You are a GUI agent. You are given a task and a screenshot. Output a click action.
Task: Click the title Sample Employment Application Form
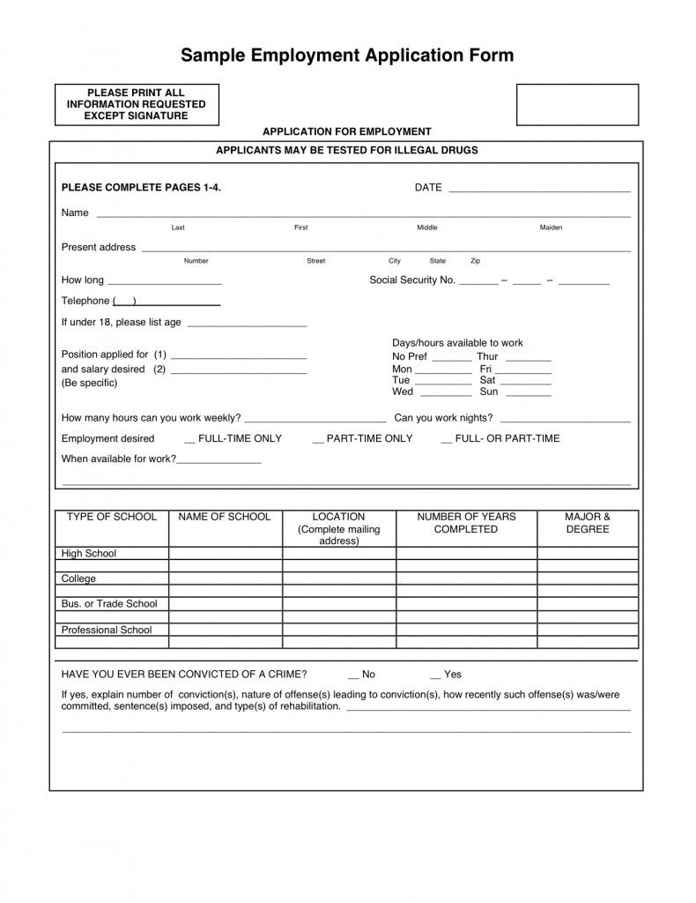pyautogui.click(x=347, y=56)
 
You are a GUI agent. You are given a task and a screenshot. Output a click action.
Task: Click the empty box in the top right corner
pyautogui.click(x=577, y=105)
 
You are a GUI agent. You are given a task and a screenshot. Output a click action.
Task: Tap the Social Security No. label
pyautogui.click(x=411, y=280)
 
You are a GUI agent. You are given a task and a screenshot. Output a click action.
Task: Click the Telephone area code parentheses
pyautogui.click(x=124, y=301)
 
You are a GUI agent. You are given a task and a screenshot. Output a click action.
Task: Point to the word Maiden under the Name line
pyautogui.click(x=551, y=228)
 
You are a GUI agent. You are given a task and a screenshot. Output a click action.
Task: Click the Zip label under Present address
pyautogui.click(x=476, y=261)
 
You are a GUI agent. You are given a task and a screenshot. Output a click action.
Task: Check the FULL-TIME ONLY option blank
pyautogui.click(x=190, y=439)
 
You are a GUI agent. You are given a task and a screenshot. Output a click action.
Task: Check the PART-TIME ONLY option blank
pyautogui.click(x=318, y=439)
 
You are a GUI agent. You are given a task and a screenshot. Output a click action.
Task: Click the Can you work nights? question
pyautogui.click(x=443, y=418)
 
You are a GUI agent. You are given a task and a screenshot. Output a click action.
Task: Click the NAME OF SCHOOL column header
pyautogui.click(x=225, y=517)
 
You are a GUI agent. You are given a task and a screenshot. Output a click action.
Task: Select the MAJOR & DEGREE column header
pyautogui.click(x=588, y=523)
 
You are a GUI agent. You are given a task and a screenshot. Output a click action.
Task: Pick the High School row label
pyautogui.click(x=88, y=554)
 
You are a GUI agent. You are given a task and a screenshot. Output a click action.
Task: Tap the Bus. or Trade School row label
pyautogui.click(x=108, y=604)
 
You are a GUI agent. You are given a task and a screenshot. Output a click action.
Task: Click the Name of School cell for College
pyautogui.click(x=225, y=579)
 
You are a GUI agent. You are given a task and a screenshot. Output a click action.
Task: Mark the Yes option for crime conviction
pyautogui.click(x=435, y=675)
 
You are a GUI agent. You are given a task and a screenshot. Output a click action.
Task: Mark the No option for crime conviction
pyautogui.click(x=353, y=675)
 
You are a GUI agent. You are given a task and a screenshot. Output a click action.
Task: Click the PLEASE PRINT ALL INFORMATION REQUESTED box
pyautogui.click(x=137, y=105)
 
